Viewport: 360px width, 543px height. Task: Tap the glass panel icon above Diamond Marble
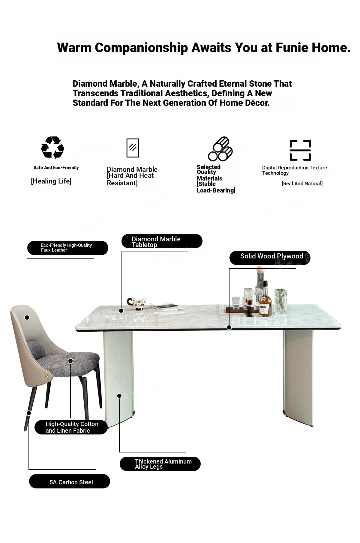133,148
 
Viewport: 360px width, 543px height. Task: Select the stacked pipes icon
220,149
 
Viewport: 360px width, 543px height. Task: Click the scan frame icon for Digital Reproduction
300,150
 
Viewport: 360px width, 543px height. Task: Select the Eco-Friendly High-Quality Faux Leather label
67,248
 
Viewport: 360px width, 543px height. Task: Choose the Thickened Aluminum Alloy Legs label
160,464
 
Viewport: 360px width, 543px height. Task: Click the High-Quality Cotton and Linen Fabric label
71,427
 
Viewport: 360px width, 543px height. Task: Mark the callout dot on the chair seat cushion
70,361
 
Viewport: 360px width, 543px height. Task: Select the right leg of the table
298,376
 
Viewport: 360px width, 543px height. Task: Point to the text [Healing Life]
51,181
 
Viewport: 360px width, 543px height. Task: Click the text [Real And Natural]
302,183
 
